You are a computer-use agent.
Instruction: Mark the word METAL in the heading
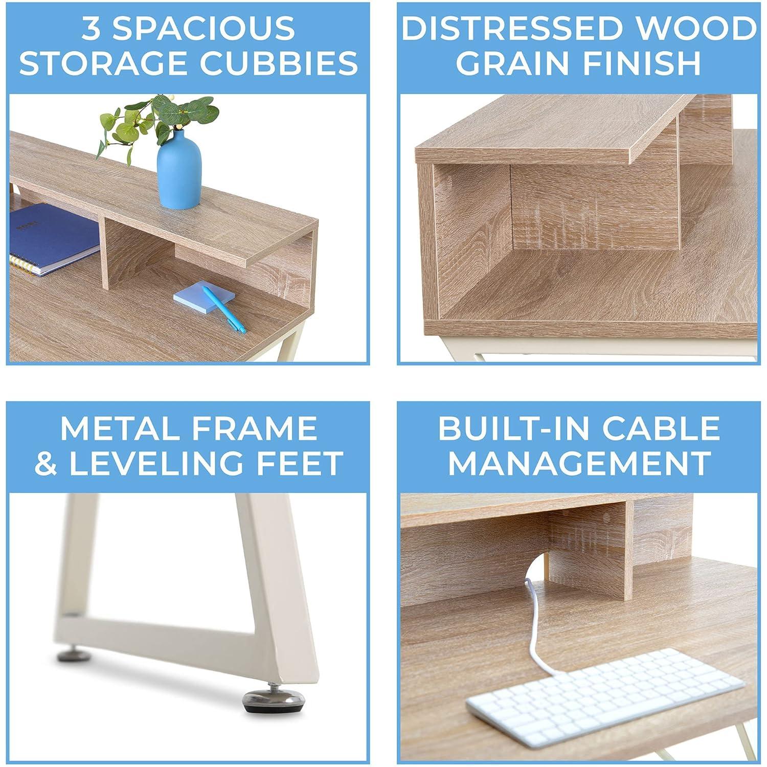(x=114, y=428)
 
